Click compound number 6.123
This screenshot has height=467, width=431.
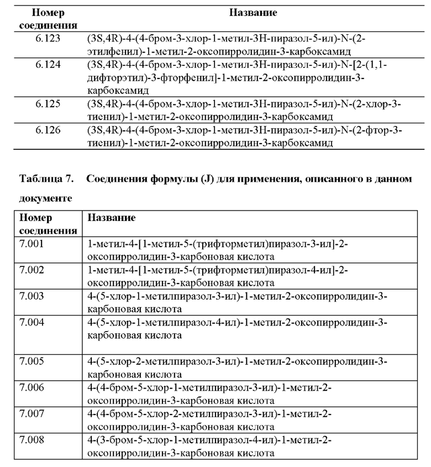(x=48, y=40)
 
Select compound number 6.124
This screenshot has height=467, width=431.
(x=48, y=65)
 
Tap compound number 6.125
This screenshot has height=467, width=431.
(x=48, y=104)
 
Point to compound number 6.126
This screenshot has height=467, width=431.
(x=48, y=130)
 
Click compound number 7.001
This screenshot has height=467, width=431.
(x=31, y=244)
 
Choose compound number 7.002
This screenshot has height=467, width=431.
(x=31, y=270)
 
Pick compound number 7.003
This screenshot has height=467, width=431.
(x=31, y=296)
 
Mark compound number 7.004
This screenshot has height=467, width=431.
(x=31, y=322)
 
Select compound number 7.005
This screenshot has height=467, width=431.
(x=31, y=361)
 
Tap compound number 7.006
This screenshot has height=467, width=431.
(x=31, y=387)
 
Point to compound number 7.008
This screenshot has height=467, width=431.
(x=31, y=440)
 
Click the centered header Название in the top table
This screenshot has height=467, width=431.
(x=253, y=12)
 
